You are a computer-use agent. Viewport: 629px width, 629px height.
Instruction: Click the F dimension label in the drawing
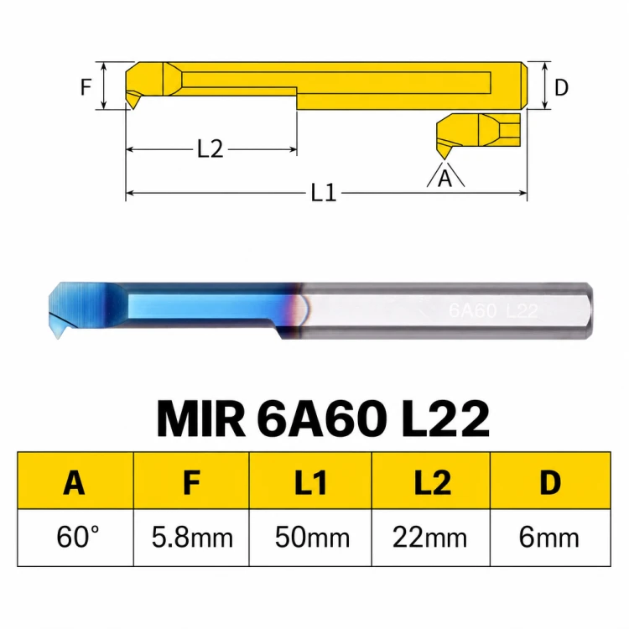tap(86, 86)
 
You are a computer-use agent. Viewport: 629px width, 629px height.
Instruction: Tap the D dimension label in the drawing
tap(561, 87)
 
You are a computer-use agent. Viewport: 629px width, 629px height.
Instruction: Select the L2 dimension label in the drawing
tap(211, 148)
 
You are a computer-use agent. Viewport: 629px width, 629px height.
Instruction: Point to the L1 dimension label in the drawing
tap(324, 193)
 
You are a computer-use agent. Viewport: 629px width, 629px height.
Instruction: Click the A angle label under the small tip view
tap(444, 178)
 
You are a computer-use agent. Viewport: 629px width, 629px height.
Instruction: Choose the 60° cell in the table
tap(77, 537)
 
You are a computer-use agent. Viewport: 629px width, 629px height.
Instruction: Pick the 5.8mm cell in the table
tap(192, 538)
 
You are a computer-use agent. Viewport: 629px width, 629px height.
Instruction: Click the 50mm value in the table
tap(312, 538)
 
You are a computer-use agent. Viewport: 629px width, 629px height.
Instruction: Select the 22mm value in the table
tap(429, 538)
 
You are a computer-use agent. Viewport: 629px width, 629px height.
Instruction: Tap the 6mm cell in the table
tap(548, 538)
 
